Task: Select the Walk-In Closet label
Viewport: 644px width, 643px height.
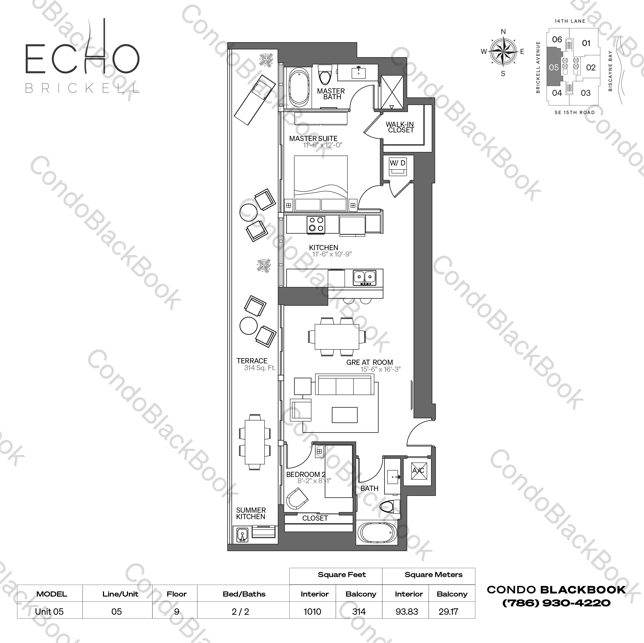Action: click(x=400, y=127)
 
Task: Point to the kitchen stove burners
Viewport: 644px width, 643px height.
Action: click(x=316, y=224)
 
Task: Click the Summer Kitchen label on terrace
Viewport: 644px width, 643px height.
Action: click(x=251, y=513)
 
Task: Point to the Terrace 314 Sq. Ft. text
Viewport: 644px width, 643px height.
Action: click(x=259, y=368)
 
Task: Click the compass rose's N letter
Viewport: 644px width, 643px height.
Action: click(x=503, y=32)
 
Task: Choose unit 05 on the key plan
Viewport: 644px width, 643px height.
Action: click(x=554, y=68)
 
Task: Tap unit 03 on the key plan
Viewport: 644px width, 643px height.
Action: click(x=586, y=93)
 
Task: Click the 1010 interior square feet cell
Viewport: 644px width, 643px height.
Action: click(x=312, y=612)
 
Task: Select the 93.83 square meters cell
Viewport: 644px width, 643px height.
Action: click(x=407, y=612)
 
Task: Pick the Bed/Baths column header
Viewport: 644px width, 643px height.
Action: click(x=244, y=594)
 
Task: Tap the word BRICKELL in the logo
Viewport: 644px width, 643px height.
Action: click(x=82, y=88)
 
